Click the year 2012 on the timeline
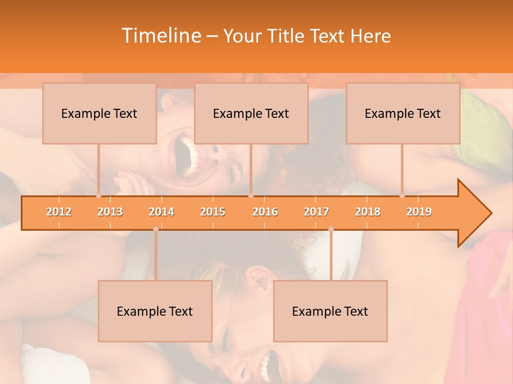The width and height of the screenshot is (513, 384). click(x=59, y=212)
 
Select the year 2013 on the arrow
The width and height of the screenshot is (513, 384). click(x=110, y=212)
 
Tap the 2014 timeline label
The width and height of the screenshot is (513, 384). click(x=161, y=212)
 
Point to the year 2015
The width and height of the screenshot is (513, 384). click(x=213, y=212)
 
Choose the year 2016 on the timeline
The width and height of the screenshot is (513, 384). click(x=265, y=212)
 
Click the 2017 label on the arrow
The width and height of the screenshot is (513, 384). click(x=316, y=212)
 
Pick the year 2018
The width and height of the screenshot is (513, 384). click(x=368, y=212)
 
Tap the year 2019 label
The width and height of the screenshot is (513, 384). click(x=419, y=212)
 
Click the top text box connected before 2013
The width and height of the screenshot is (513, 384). click(x=99, y=113)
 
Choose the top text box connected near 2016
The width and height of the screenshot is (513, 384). click(x=251, y=113)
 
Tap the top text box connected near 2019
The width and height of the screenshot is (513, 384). click(x=403, y=113)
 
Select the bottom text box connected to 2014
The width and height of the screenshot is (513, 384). click(x=155, y=311)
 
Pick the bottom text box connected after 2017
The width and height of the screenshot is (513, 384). click(x=330, y=311)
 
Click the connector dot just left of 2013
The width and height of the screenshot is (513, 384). click(x=98, y=195)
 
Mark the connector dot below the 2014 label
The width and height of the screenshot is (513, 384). click(x=156, y=229)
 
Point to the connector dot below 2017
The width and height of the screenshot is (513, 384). click(x=331, y=229)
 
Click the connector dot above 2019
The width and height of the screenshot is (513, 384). click(x=402, y=195)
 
